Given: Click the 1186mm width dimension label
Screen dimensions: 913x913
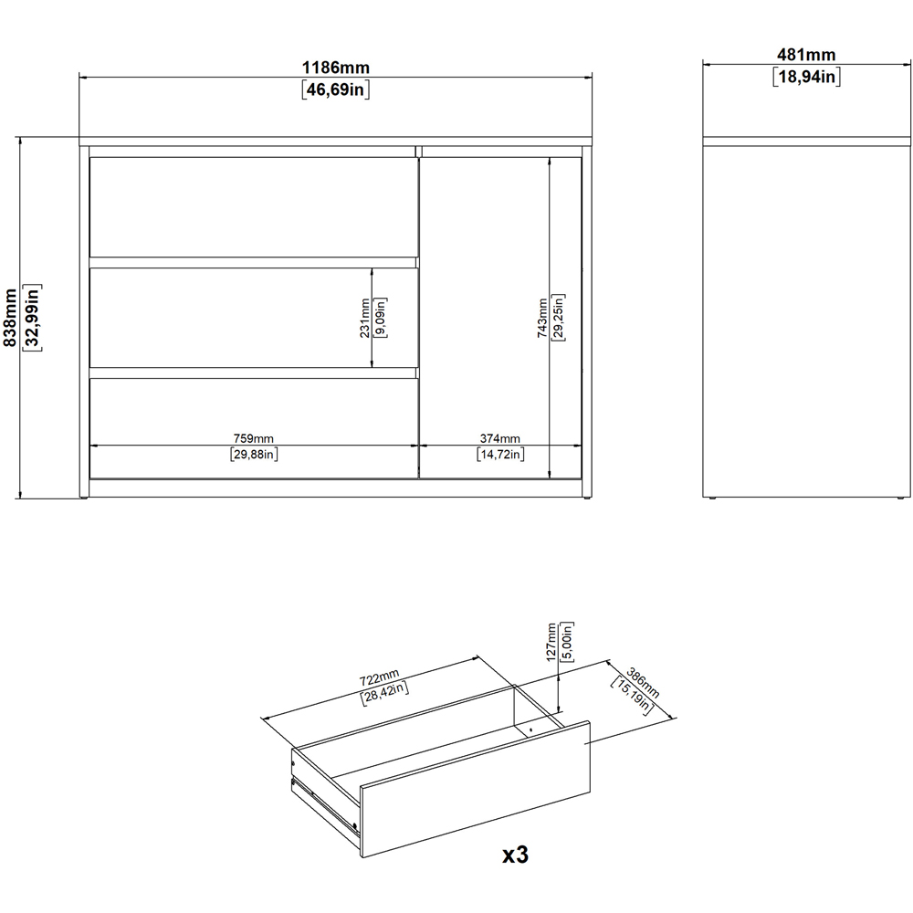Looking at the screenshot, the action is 336,68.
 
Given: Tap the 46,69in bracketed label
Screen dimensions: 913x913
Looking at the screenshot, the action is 336,89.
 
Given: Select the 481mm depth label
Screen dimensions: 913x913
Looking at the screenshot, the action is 806,55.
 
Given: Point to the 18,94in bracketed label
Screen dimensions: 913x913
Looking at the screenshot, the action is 806,77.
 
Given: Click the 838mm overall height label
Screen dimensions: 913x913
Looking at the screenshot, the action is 10,318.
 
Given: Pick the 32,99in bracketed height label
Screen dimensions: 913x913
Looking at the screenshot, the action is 31,318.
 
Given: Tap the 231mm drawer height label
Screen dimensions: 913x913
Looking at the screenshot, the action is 365,318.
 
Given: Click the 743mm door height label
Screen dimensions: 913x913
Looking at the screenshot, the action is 542,318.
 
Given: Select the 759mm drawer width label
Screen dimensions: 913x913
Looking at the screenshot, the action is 253,438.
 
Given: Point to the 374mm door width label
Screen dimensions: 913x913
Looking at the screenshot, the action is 500,438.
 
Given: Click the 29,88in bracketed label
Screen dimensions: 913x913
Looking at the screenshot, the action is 254,454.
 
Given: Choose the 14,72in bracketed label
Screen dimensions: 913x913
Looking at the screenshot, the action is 500,454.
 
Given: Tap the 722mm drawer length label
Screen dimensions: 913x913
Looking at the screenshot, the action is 379,677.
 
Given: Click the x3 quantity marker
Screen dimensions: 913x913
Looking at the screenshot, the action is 515,855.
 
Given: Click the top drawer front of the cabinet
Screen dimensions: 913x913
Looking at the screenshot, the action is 254,206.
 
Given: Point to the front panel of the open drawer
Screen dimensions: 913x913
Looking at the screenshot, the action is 475,789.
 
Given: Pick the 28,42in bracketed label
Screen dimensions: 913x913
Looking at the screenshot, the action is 385,694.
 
